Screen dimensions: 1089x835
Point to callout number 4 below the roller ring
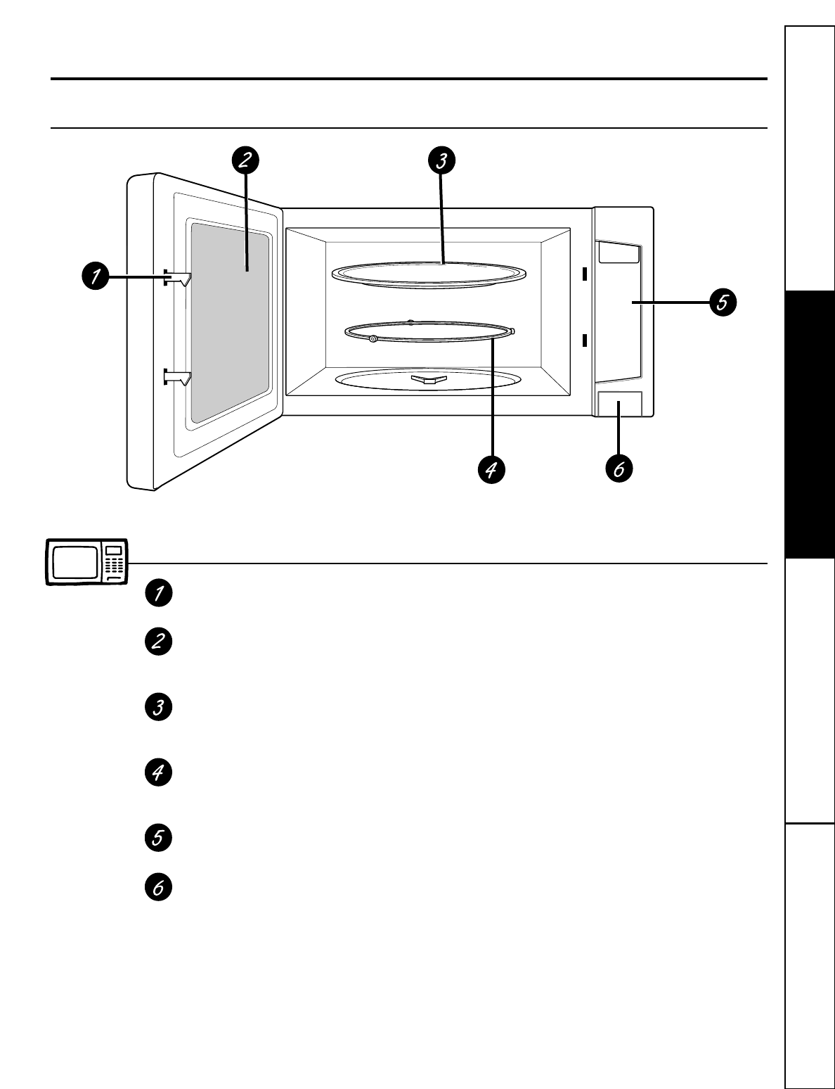[492, 470]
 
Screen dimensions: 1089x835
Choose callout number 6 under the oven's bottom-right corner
[619, 470]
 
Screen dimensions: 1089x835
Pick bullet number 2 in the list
[158, 642]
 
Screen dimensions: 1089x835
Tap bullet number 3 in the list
[158, 707]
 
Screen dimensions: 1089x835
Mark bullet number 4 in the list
[158, 772]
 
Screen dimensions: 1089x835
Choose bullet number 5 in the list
[158, 838]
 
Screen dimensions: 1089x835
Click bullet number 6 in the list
[158, 888]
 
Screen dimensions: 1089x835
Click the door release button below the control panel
[619, 405]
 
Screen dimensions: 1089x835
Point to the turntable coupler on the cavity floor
[427, 380]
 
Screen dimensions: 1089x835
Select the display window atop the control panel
[619, 253]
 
